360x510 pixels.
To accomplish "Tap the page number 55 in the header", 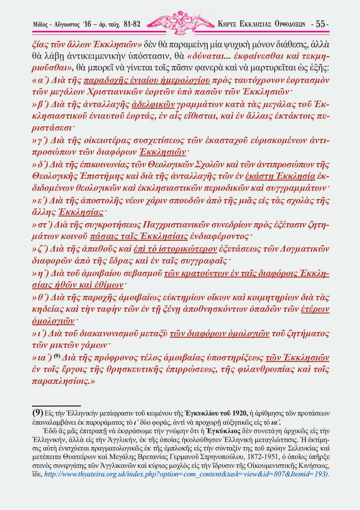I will coord(321,24).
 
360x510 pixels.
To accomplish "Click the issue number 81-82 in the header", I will coord(132,24).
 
